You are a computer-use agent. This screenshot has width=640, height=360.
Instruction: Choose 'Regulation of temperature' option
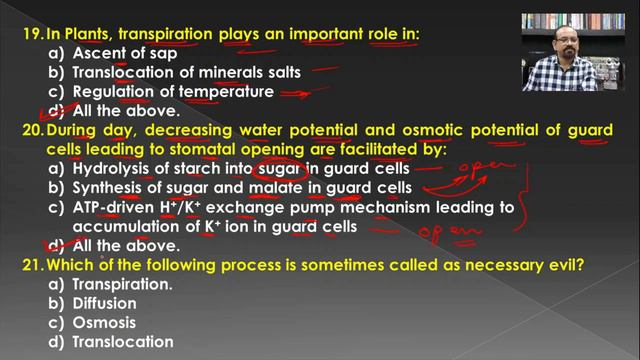coord(173,91)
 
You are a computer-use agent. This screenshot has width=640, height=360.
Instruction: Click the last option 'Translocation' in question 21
coord(123,341)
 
